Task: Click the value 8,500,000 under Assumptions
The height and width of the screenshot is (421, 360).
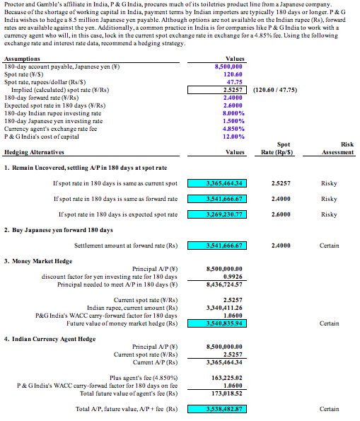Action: pyautogui.click(x=228, y=66)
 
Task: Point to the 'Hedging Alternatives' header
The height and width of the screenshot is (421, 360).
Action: pyautogui.click(x=31, y=151)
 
